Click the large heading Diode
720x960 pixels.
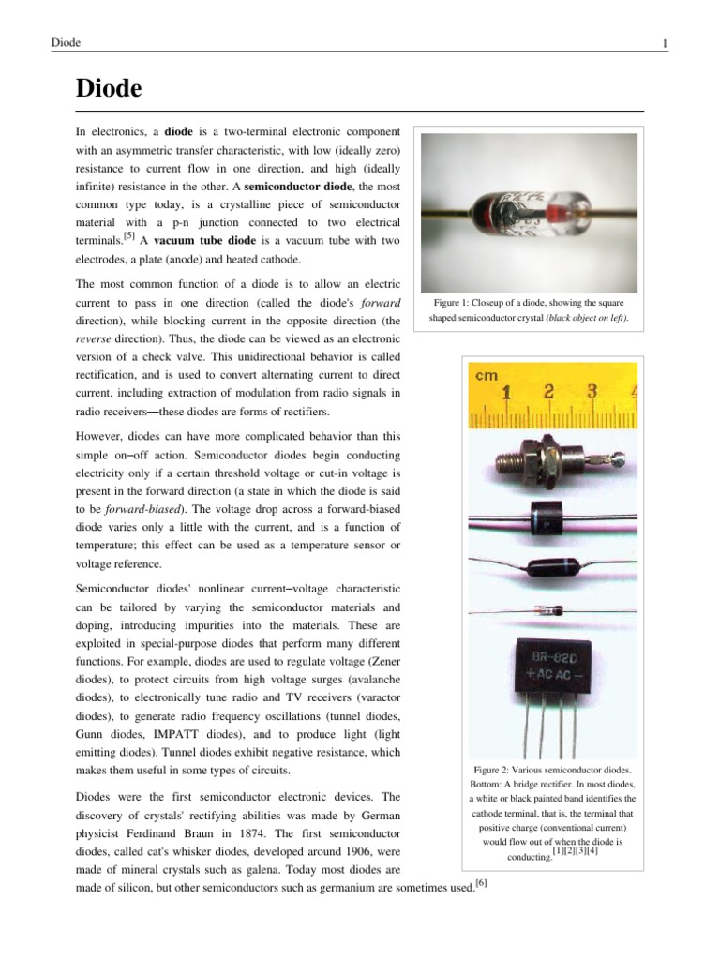click(x=109, y=89)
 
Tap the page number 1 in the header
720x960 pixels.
click(x=664, y=43)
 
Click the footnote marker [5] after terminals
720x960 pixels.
click(x=117, y=236)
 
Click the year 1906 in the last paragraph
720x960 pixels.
click(x=339, y=851)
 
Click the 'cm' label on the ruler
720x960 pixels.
click(x=487, y=375)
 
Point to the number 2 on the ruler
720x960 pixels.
click(x=549, y=391)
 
